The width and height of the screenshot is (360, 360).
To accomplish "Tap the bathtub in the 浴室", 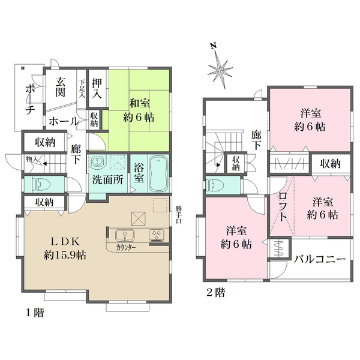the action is (158, 174).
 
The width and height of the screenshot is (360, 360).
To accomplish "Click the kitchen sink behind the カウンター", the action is (125, 235).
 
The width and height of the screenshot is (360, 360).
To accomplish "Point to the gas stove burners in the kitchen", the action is (157, 235).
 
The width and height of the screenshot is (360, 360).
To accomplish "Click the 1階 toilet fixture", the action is (42, 184).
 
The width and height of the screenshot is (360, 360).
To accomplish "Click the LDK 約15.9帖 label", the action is (65, 248).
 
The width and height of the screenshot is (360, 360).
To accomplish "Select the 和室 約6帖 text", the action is (139, 110).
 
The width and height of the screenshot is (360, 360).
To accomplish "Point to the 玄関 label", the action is (60, 88).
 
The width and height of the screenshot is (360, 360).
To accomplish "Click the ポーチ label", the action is (30, 99).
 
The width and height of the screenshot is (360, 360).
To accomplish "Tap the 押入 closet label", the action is (97, 89).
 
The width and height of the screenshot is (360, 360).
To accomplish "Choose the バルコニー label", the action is (320, 259).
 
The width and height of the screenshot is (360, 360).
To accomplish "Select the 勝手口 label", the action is (179, 215).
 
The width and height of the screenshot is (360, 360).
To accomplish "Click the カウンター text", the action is (126, 248).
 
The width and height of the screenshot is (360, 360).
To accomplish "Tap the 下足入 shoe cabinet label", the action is (82, 89).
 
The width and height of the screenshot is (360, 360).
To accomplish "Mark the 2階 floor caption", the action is (216, 293).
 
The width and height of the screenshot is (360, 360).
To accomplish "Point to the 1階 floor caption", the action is (35, 313).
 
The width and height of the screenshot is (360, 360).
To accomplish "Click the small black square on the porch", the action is (23, 68).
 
